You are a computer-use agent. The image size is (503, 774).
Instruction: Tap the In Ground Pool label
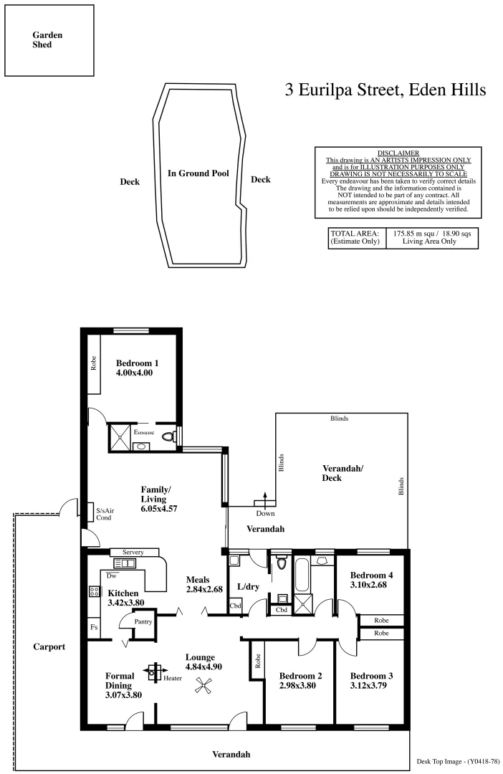click(x=198, y=173)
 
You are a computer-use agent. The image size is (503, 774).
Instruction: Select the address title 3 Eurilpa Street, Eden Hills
click(x=385, y=90)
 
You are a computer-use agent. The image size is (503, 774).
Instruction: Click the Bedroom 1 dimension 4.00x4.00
click(x=135, y=373)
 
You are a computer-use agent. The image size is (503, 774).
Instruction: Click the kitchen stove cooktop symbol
click(x=94, y=591)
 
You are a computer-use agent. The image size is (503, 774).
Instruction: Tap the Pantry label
click(x=143, y=621)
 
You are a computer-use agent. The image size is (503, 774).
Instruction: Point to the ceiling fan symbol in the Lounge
click(x=203, y=686)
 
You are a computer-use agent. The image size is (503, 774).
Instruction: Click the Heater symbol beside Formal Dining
click(x=153, y=672)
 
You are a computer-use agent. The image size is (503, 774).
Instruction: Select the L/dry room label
click(x=247, y=587)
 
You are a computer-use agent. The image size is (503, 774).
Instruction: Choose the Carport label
click(x=49, y=646)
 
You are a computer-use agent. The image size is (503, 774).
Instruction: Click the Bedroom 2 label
click(x=300, y=676)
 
